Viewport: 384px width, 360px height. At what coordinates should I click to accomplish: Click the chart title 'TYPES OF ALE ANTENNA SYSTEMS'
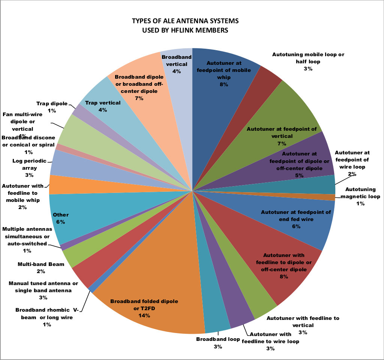pyautogui.click(x=185, y=21)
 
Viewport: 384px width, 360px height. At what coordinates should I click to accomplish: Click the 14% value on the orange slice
pyautogui.click(x=144, y=315)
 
